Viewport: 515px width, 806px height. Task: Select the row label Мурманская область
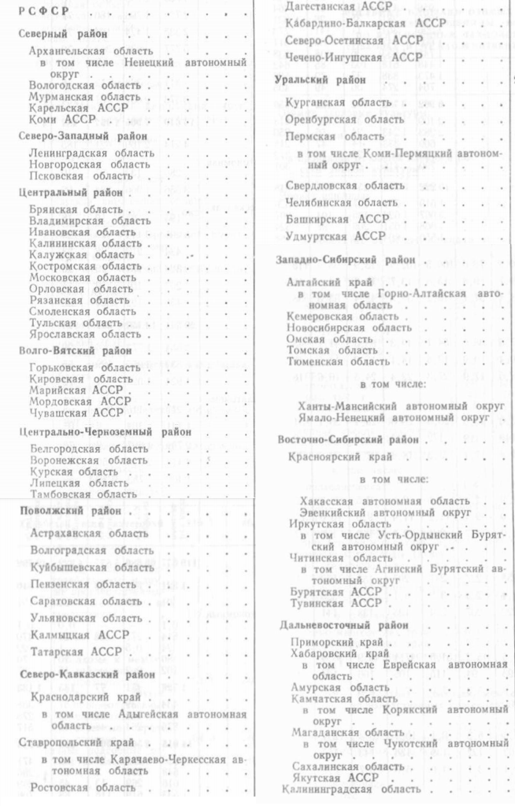click(x=84, y=96)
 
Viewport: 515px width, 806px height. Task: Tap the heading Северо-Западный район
click(x=73, y=135)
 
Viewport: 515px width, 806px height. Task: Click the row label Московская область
click(x=83, y=277)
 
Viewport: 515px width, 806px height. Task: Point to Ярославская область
click(x=85, y=334)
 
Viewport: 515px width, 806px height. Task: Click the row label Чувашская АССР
click(x=75, y=412)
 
